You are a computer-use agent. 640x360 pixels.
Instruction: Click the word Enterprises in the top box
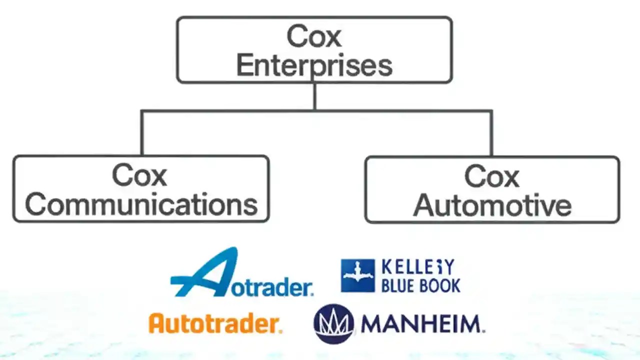coord(314,65)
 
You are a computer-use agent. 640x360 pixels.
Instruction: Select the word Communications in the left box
coord(141,204)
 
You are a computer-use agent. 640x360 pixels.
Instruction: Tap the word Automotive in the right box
coord(492,205)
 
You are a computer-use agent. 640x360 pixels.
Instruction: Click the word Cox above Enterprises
coord(314,36)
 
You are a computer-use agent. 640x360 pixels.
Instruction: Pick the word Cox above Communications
coord(139,175)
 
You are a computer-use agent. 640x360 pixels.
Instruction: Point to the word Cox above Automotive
coord(492,176)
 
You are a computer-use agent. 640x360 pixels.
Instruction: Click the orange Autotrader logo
coord(215,323)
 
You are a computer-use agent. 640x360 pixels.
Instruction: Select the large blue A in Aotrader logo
coord(205,272)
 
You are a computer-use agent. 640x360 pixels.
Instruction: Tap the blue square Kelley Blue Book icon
coord(357,275)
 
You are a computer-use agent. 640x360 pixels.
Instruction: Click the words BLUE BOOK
coord(420,285)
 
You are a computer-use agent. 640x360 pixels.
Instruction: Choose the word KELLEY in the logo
coord(417,267)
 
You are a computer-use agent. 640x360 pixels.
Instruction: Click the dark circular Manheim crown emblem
coord(333,324)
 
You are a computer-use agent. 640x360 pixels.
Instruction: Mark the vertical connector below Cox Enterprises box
coord(314,96)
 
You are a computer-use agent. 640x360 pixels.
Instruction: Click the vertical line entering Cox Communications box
coord(142,133)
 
